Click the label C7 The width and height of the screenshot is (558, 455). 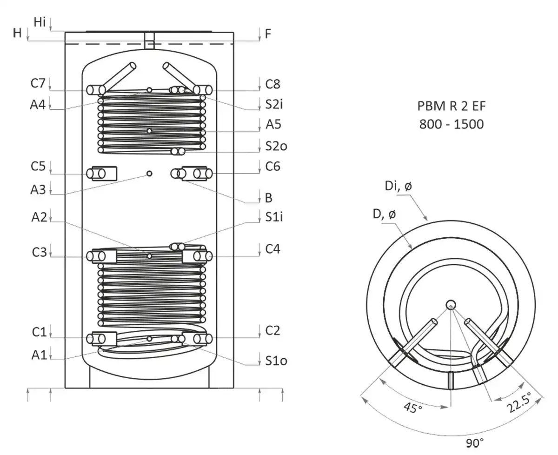click(39, 84)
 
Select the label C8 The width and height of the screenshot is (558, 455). click(273, 84)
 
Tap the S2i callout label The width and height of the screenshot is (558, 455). click(274, 105)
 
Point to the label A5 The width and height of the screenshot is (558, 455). click(273, 125)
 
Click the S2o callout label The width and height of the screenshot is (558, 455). click(276, 146)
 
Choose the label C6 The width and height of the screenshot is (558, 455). click(273, 166)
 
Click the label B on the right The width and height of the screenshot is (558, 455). click(268, 198)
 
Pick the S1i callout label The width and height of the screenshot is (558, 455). click(274, 217)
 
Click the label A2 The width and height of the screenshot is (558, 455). click(40, 217)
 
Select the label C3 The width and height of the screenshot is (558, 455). click(39, 252)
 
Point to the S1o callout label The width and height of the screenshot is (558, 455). click(276, 361)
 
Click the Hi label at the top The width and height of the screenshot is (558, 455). click(40, 21)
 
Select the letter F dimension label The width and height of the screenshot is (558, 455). click(268, 33)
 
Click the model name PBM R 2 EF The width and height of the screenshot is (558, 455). click(451, 107)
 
